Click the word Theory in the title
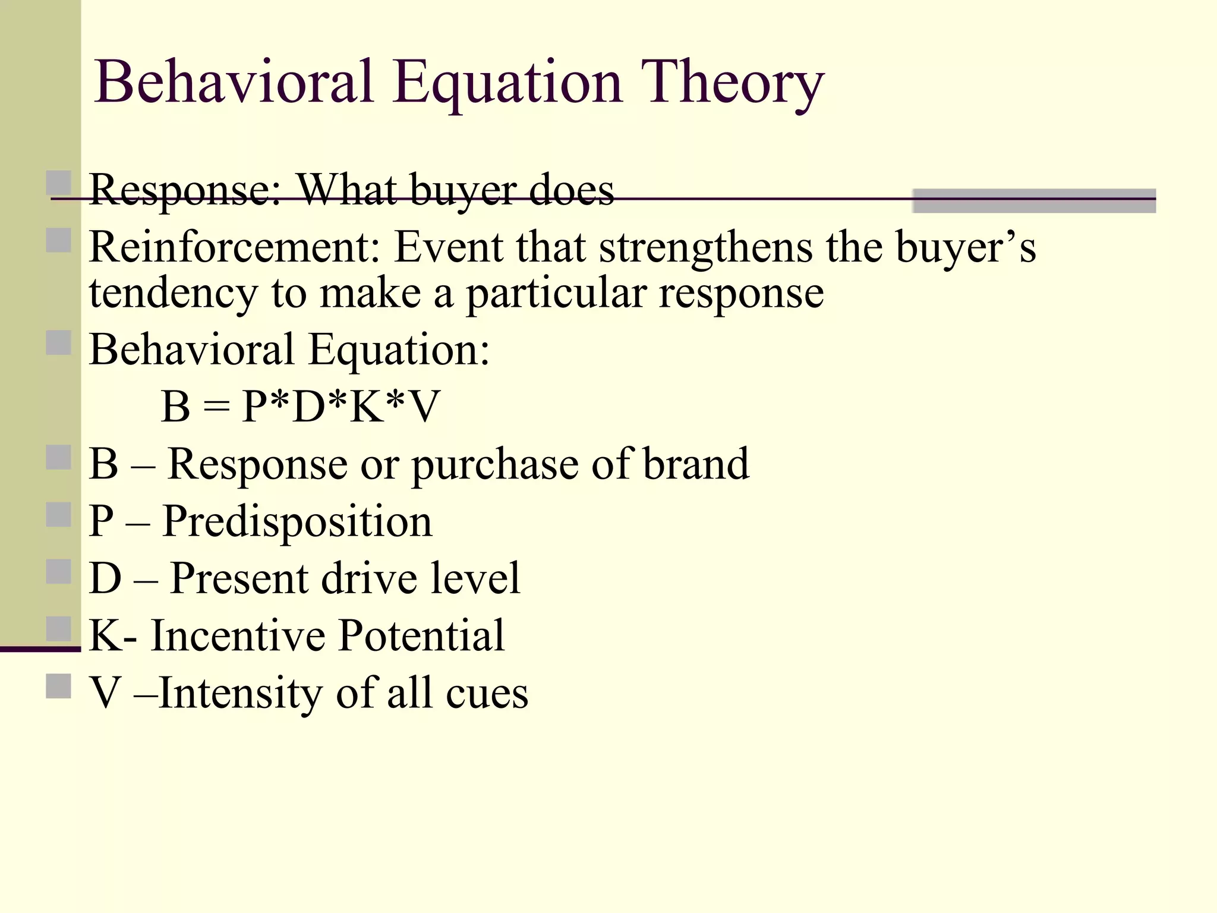click(x=732, y=83)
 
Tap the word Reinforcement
click(x=234, y=247)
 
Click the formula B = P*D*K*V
click(x=300, y=407)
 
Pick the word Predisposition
click(x=297, y=521)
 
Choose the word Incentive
click(x=238, y=635)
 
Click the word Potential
click(x=421, y=635)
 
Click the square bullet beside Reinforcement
click(x=58, y=241)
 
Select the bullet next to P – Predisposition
click(x=58, y=515)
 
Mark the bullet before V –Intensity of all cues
click(x=58, y=687)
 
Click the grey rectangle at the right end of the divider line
click(x=1033, y=201)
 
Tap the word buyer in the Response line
click(x=464, y=190)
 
